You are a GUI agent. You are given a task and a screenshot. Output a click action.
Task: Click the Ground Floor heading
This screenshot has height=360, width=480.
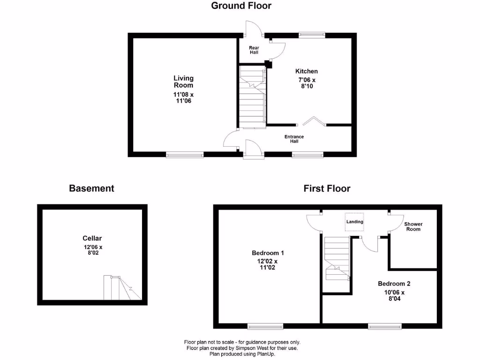[241, 6]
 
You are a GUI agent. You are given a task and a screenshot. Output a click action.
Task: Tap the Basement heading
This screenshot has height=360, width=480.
[91, 188]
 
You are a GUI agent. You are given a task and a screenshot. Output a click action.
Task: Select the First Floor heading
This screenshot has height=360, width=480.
[327, 188]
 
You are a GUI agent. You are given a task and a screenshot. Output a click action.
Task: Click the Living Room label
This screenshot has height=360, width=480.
[183, 82]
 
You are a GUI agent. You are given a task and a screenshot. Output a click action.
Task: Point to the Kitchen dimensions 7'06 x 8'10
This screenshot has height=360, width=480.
[307, 83]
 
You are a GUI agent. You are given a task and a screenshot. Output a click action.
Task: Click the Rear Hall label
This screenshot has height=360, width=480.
[254, 50]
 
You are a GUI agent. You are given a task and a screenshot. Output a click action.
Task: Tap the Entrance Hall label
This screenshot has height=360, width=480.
[294, 139]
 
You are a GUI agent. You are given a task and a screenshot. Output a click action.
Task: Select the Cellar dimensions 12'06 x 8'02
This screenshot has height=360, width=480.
[92, 250]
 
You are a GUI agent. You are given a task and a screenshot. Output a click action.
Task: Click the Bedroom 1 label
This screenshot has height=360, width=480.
[268, 253]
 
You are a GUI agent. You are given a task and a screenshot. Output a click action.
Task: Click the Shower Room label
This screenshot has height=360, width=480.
[413, 226]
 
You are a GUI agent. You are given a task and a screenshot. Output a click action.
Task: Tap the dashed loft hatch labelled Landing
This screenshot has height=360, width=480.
[354, 222]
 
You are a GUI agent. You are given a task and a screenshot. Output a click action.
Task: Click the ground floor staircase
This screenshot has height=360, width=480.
[252, 97]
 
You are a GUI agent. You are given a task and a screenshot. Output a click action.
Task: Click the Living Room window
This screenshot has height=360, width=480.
[185, 154]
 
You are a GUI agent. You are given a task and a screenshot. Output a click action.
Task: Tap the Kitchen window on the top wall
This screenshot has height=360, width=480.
[312, 34]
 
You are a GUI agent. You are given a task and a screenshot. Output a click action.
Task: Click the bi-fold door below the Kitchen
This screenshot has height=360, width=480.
[312, 122]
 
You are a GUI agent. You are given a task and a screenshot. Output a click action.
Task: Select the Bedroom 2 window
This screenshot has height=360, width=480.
[384, 326]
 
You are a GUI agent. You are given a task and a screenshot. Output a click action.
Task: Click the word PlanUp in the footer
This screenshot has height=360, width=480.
[265, 354]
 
